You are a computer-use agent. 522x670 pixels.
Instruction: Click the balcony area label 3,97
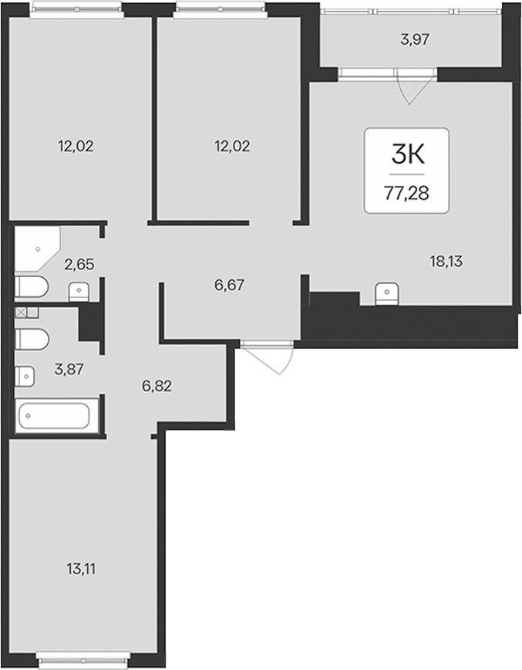pos(415,39)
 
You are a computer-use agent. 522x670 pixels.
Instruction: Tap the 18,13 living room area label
pos(446,261)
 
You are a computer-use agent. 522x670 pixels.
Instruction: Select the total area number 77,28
pos(406,194)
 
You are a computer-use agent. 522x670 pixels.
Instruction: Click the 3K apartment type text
pos(408,154)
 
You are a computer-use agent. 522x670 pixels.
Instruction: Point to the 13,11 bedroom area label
pos(81,569)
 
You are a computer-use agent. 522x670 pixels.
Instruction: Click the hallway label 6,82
pos(157,386)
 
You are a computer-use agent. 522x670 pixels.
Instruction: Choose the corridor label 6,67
pos(230,285)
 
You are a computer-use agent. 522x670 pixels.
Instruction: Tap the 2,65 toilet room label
pos(79,265)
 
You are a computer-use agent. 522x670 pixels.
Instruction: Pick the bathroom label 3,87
pos(69,369)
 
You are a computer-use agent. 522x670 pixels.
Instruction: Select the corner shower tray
pos(38,249)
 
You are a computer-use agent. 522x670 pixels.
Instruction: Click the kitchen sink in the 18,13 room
pos(387,293)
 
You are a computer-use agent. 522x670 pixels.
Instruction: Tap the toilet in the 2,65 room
pos(31,286)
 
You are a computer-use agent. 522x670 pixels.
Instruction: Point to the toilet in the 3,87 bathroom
pos(32,340)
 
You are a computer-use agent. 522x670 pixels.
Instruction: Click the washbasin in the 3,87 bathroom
pos(25,377)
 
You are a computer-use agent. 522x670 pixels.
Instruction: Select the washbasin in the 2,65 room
pos(79,293)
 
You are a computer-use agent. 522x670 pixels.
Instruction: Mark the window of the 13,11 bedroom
pos(83,660)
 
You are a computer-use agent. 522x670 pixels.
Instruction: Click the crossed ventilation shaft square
pos(21,313)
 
